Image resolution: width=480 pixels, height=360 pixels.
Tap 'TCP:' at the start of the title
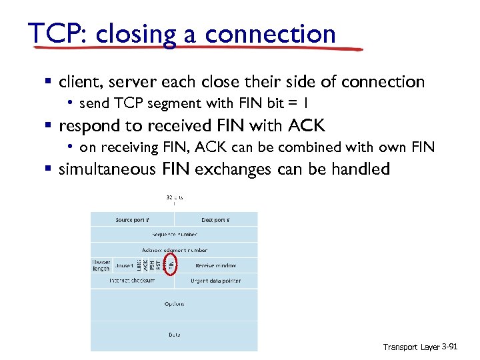(58, 33)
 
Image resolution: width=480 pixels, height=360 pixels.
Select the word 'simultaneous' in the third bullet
(107, 169)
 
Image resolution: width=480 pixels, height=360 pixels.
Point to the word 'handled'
(359, 169)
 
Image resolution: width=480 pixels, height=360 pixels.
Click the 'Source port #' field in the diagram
(133, 220)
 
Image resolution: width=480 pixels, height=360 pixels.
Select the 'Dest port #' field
(215, 220)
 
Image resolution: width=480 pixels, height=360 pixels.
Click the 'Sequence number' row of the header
(174, 235)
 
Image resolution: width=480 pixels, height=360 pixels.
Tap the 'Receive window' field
(215, 265)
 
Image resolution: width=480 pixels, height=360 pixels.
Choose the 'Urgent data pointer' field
(215, 281)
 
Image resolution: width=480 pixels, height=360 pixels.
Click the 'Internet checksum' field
(133, 281)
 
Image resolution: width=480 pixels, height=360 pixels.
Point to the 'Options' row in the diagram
(174, 304)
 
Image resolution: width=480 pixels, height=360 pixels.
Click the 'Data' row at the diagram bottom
(174, 334)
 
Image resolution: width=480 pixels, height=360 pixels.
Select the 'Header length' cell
(101, 265)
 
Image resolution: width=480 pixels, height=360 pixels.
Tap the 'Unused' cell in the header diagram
(124, 265)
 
